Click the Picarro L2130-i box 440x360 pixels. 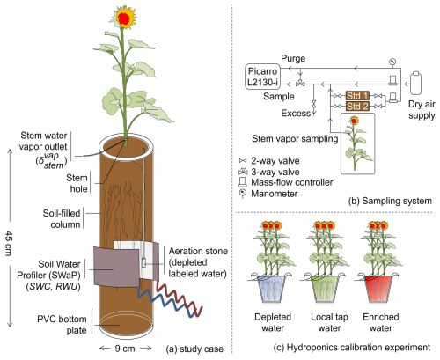[x=262, y=77]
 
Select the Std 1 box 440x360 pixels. [x=357, y=96]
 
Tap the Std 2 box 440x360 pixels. [x=357, y=106]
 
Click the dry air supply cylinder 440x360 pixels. [x=415, y=83]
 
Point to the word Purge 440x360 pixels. [x=293, y=58]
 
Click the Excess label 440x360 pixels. [x=296, y=113]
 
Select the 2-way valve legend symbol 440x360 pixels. [x=243, y=161]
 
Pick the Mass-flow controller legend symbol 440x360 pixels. [x=243, y=182]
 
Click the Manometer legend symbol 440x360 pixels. [x=243, y=194]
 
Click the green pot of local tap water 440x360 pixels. [x=324, y=289]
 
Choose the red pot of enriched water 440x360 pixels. [x=378, y=289]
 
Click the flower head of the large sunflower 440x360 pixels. [x=124, y=18]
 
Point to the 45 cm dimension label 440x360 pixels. [x=9, y=244]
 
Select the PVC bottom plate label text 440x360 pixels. [x=62, y=325]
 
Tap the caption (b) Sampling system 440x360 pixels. [x=390, y=201]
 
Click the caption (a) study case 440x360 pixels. [x=194, y=349]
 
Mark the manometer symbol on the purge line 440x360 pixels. [x=392, y=62]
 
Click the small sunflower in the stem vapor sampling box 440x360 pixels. [x=356, y=143]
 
